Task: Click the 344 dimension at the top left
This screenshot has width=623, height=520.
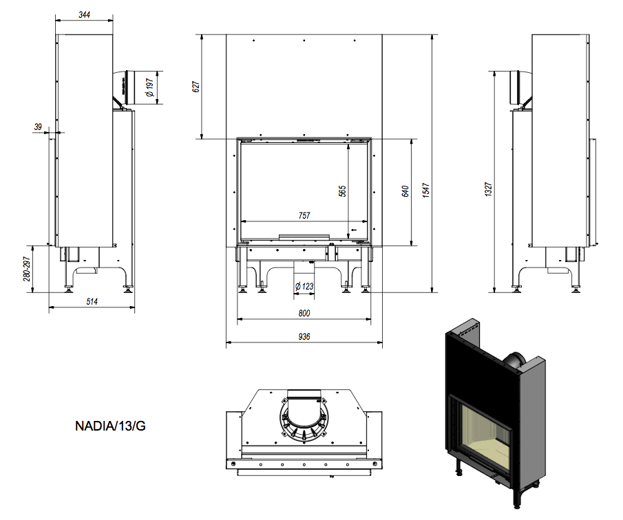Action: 85,14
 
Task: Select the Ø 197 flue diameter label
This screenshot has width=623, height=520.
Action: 148,87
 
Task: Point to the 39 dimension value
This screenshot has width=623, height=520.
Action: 38,127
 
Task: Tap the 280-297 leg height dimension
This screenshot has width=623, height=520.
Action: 27,268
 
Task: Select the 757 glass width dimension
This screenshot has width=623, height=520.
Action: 304,215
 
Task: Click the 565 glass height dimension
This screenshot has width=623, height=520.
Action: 343,191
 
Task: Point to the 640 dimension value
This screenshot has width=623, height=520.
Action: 405,191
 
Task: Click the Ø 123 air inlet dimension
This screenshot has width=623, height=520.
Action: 304,285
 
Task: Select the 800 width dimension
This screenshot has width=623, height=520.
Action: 304,314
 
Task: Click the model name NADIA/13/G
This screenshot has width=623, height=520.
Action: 110,426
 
